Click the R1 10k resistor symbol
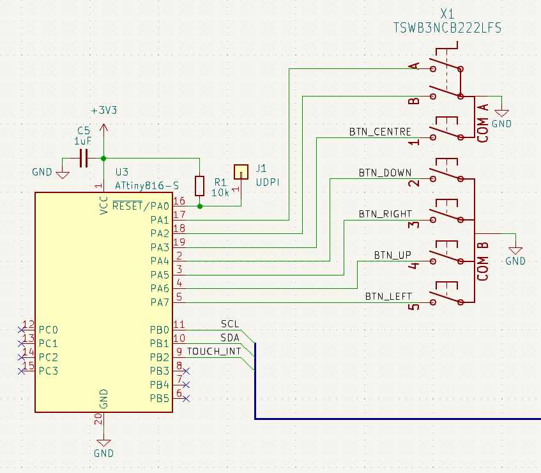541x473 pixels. [200, 186]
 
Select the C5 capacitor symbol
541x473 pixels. [84, 158]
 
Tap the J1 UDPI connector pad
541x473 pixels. [241, 171]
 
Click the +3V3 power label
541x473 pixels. [104, 110]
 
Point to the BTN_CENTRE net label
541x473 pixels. [379, 132]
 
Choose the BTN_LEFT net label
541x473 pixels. [388, 296]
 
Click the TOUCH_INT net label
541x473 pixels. [214, 351]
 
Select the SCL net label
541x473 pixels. [230, 323]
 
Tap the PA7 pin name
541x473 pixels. [160, 302]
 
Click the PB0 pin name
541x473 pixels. [160, 330]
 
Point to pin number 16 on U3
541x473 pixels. [179, 201]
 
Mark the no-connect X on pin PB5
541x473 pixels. [187, 398]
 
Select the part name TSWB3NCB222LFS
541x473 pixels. [446, 28]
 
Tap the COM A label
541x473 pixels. [484, 123]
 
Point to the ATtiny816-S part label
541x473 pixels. [147, 185]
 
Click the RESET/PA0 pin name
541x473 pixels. [141, 206]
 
